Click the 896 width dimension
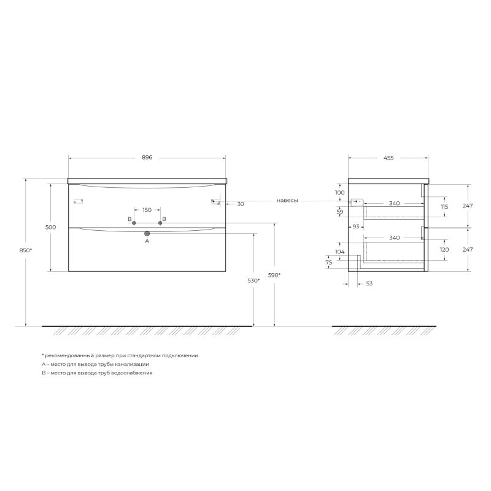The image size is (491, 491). (x=147, y=158)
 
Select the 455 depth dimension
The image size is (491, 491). (x=388, y=158)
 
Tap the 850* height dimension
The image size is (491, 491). (x=26, y=250)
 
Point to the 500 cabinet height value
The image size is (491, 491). (x=50, y=227)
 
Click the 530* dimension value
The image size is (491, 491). (x=253, y=280)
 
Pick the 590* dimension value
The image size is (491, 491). (x=274, y=275)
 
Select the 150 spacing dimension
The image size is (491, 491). (x=147, y=210)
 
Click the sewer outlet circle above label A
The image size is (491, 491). (x=147, y=233)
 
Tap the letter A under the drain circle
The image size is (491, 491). (x=147, y=241)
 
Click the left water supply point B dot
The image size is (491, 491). (x=134, y=223)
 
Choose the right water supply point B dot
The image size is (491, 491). (x=160, y=223)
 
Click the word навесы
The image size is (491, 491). (x=288, y=200)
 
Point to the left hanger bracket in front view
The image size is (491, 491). (x=78, y=201)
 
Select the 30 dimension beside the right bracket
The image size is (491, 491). (x=240, y=204)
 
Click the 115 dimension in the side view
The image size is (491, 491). (x=444, y=207)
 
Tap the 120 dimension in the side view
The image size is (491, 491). (x=444, y=250)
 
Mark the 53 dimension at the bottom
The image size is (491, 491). (x=369, y=284)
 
